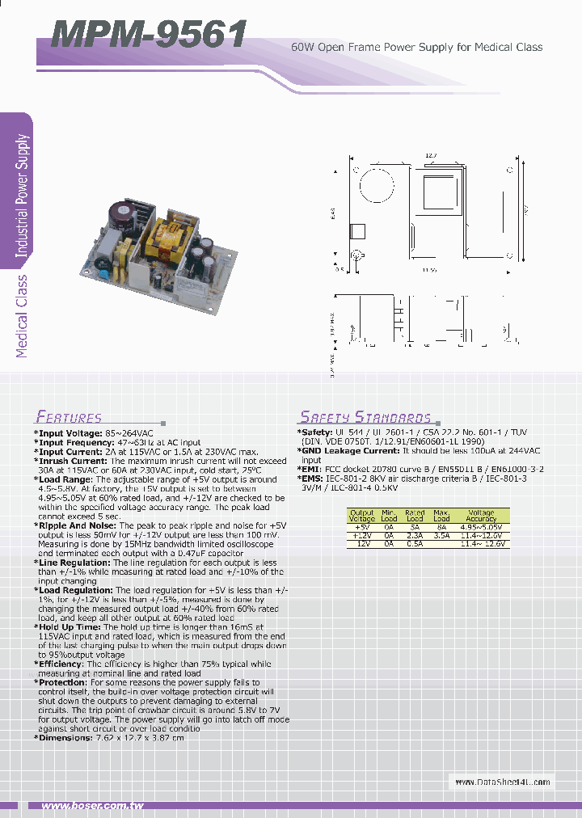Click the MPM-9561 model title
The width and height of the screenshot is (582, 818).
click(x=149, y=35)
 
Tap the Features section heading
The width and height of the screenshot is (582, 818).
click(x=69, y=417)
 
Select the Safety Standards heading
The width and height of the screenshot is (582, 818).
click(x=365, y=417)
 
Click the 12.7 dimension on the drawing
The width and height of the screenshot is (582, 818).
click(x=431, y=155)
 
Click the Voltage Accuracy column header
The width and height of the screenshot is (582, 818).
click(x=481, y=516)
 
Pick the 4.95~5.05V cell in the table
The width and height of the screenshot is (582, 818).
click(x=481, y=527)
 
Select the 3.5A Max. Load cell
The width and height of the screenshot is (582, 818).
click(x=441, y=535)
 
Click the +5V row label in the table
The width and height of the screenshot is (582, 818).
click(x=362, y=527)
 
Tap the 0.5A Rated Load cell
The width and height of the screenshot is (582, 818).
click(x=415, y=543)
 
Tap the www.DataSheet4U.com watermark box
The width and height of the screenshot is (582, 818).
click(x=502, y=782)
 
